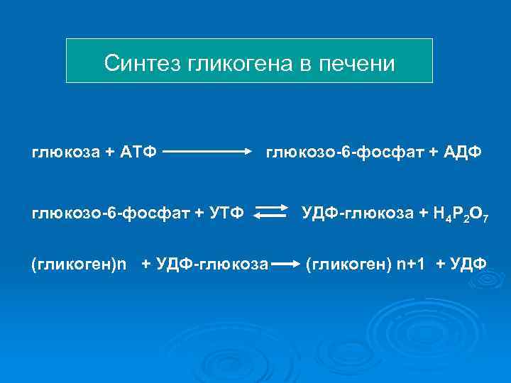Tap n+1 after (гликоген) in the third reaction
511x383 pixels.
point(411,265)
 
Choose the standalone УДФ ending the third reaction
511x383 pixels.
point(469,265)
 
